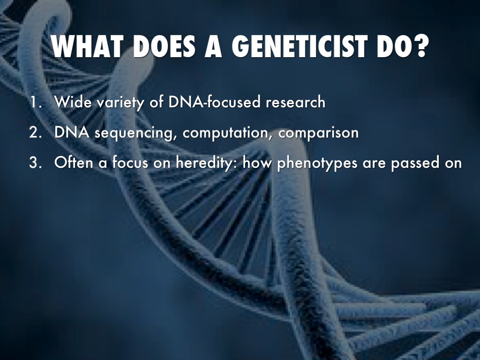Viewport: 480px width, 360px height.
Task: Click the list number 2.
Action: pos(36,132)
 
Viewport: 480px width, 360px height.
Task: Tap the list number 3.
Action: pos(36,162)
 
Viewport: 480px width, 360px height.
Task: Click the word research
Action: pos(295,102)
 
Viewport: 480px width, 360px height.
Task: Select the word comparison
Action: pos(318,134)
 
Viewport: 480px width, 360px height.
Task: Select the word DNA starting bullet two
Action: pos(72,132)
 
